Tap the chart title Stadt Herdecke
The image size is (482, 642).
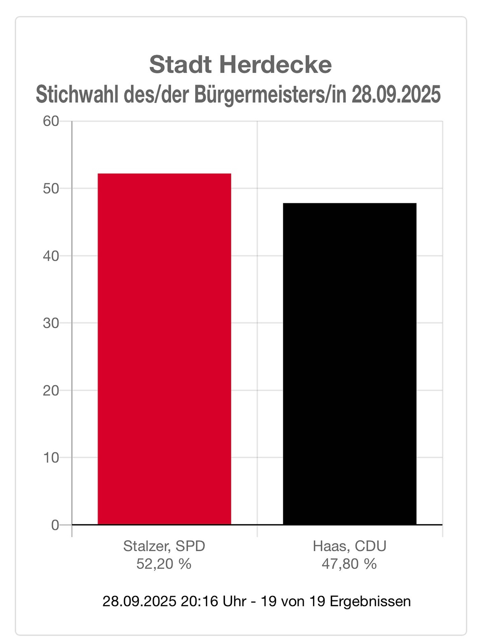240,65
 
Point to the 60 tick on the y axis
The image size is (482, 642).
51,121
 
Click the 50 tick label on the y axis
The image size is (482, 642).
51,189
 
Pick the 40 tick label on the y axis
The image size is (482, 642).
51,256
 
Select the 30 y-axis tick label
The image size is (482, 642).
51,323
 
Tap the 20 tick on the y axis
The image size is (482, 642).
51,391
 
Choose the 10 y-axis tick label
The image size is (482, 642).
51,458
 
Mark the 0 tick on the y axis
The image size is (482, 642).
55,525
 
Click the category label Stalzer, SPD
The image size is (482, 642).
164,546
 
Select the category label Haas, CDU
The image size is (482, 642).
349,546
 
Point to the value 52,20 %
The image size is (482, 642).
164,564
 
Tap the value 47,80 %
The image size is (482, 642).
349,564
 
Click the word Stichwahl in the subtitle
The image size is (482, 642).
77,95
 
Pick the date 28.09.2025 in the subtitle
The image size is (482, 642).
396,95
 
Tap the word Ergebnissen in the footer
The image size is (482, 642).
370,601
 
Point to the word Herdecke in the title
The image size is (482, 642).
275,65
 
